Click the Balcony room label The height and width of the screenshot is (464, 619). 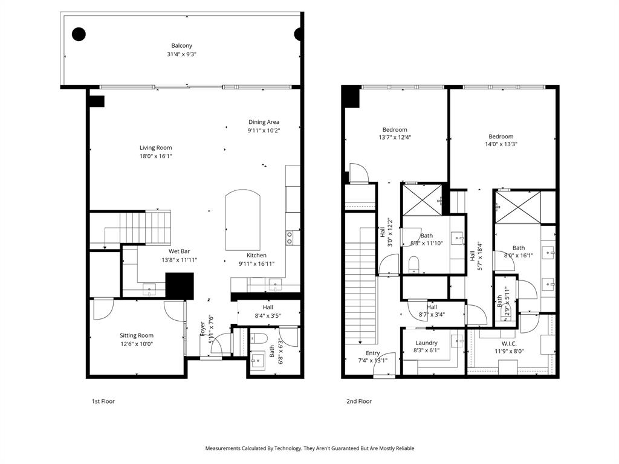click(x=181, y=45)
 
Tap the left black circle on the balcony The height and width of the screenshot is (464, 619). click(x=79, y=34)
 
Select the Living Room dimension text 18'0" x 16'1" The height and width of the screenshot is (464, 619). click(x=155, y=156)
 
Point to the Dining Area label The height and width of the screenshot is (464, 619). click(x=264, y=122)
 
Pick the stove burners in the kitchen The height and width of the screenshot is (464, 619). click(x=290, y=237)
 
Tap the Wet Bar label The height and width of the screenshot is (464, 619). click(x=179, y=251)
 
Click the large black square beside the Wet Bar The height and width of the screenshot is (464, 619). click(x=180, y=286)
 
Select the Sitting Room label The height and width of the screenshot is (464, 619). click(x=136, y=335)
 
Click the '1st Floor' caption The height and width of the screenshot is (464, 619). click(x=103, y=401)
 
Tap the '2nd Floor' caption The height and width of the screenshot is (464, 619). click(x=360, y=401)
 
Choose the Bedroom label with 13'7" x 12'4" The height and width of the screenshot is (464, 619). click(x=394, y=129)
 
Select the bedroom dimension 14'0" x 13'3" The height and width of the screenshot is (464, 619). click(x=501, y=144)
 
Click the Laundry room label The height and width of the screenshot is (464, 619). click(x=426, y=343)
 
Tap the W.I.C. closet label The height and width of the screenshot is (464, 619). click(x=509, y=343)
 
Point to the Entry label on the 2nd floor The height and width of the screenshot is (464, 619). click(x=372, y=353)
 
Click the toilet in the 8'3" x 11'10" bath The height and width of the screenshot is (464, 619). click(x=414, y=263)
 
